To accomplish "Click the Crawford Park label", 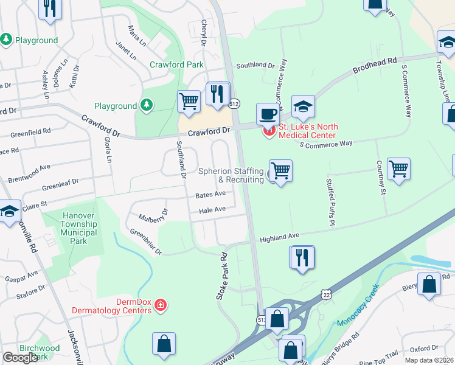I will point(176,64).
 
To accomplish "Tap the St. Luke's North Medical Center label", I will point(307,131).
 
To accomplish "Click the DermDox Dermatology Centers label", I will point(125,306).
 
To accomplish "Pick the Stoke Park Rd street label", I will point(221,276).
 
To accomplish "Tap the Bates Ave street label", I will point(210,195).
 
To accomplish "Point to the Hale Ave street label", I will point(212,210).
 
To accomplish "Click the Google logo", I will point(20,357).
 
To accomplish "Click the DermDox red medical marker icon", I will point(160,305).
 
